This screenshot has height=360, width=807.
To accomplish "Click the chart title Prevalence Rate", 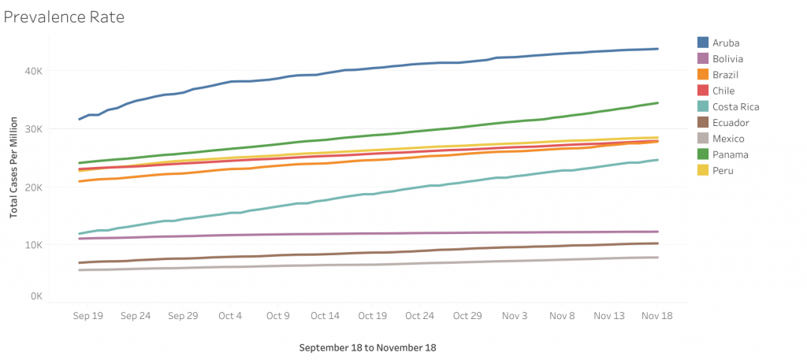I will pos(64,16).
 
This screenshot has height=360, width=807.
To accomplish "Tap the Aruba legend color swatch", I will pos(703,42).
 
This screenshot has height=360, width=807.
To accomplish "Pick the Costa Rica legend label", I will pos(736,106).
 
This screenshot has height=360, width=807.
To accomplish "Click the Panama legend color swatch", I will pos(703,154).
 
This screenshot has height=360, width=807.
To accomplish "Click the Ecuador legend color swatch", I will pos(703,122).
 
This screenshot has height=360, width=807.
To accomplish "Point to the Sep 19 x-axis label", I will pos(88,315).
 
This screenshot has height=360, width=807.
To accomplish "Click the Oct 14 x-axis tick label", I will pos(325,315).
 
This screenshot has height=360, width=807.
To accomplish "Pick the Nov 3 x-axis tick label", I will pos(515,315).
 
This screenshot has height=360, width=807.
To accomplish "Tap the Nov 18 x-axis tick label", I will pos(656,315).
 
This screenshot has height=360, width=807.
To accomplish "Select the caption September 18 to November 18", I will pos(368,347).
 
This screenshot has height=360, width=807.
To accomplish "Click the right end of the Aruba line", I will pos(658,49).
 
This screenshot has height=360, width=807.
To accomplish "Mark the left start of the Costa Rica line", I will pos(80,233).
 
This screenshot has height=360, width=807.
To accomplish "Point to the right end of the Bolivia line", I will pos(658,232).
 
